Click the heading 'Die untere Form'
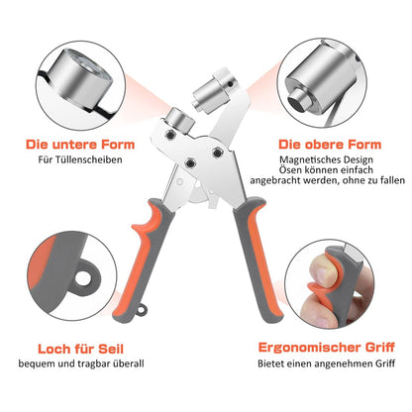coord(80,145)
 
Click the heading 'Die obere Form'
coord(330,145)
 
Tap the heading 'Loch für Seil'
coord(80,349)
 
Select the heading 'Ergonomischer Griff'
coord(326,348)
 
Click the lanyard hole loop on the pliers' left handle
coord(143,310)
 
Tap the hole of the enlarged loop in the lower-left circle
coord(81,278)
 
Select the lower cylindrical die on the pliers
coord(180,121)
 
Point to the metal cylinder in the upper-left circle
coord(82,78)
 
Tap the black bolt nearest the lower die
coord(169,134)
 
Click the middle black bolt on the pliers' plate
coord(190,162)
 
